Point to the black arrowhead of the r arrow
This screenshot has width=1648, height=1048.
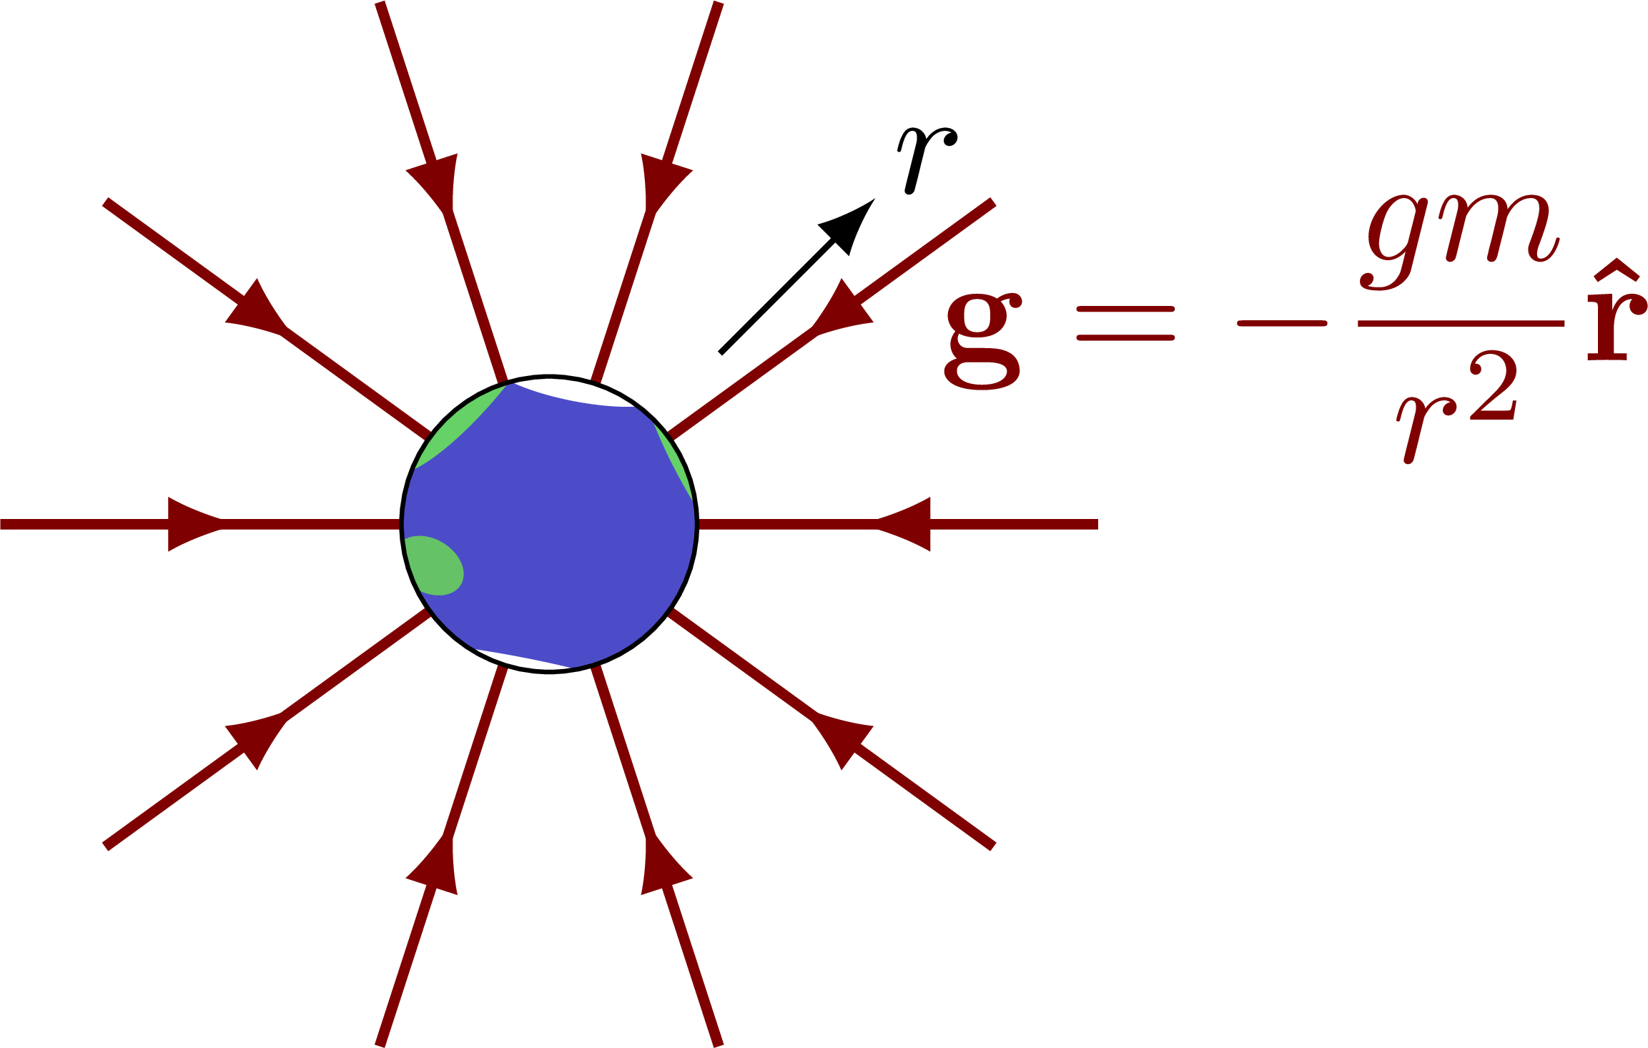tap(849, 224)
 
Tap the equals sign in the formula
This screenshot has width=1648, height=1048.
tap(1125, 323)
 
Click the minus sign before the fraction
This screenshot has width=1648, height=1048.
tap(1282, 323)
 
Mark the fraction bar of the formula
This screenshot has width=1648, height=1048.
tap(1461, 323)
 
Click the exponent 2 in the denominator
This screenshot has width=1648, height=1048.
tap(1494, 389)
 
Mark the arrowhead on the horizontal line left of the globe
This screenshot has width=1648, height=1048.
tap(192, 525)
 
